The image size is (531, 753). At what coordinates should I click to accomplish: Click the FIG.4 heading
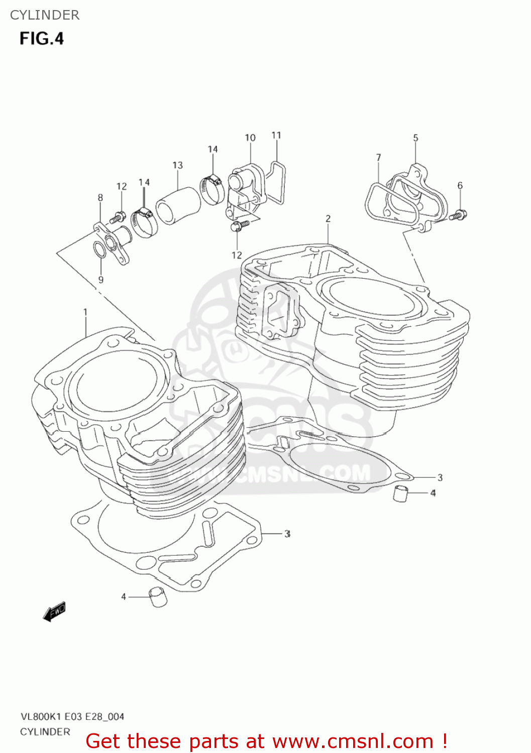[42, 39]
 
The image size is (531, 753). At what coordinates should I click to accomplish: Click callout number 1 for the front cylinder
[85, 312]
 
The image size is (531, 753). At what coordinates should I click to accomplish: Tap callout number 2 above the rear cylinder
[328, 218]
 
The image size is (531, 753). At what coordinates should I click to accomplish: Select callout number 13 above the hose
[177, 165]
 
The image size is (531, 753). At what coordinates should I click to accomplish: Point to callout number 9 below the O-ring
[101, 280]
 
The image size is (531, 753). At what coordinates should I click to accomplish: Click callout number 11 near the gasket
[276, 135]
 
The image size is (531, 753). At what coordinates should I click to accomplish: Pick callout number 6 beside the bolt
[460, 186]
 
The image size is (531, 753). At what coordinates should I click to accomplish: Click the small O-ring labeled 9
[99, 249]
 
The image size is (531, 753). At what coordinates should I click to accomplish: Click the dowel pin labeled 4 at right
[400, 493]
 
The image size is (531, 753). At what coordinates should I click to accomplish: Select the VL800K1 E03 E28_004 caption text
[72, 716]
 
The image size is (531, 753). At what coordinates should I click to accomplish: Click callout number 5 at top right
[415, 138]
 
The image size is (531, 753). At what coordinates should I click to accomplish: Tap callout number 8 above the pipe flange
[100, 198]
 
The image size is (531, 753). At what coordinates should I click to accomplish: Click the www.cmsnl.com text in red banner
[353, 741]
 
